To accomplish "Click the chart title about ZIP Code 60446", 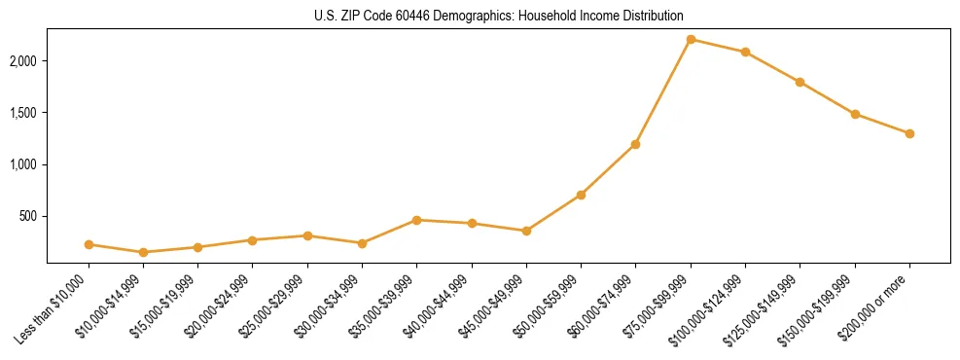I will tap(499, 17).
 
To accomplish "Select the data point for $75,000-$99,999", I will tap(691, 39).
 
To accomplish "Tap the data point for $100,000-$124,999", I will tap(745, 52).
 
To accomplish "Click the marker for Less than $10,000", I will tap(89, 244).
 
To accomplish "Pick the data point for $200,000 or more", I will tap(909, 133).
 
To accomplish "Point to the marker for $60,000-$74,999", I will tap(635, 144).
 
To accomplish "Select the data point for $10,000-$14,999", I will tap(144, 252).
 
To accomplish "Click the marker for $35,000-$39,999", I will tap(416, 220).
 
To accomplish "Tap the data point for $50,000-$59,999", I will tap(581, 195).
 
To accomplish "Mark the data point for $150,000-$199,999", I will tap(855, 114).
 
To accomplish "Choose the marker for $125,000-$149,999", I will tap(800, 82).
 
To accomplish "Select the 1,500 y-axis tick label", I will tap(26, 113).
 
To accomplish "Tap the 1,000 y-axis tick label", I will tap(26, 164).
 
